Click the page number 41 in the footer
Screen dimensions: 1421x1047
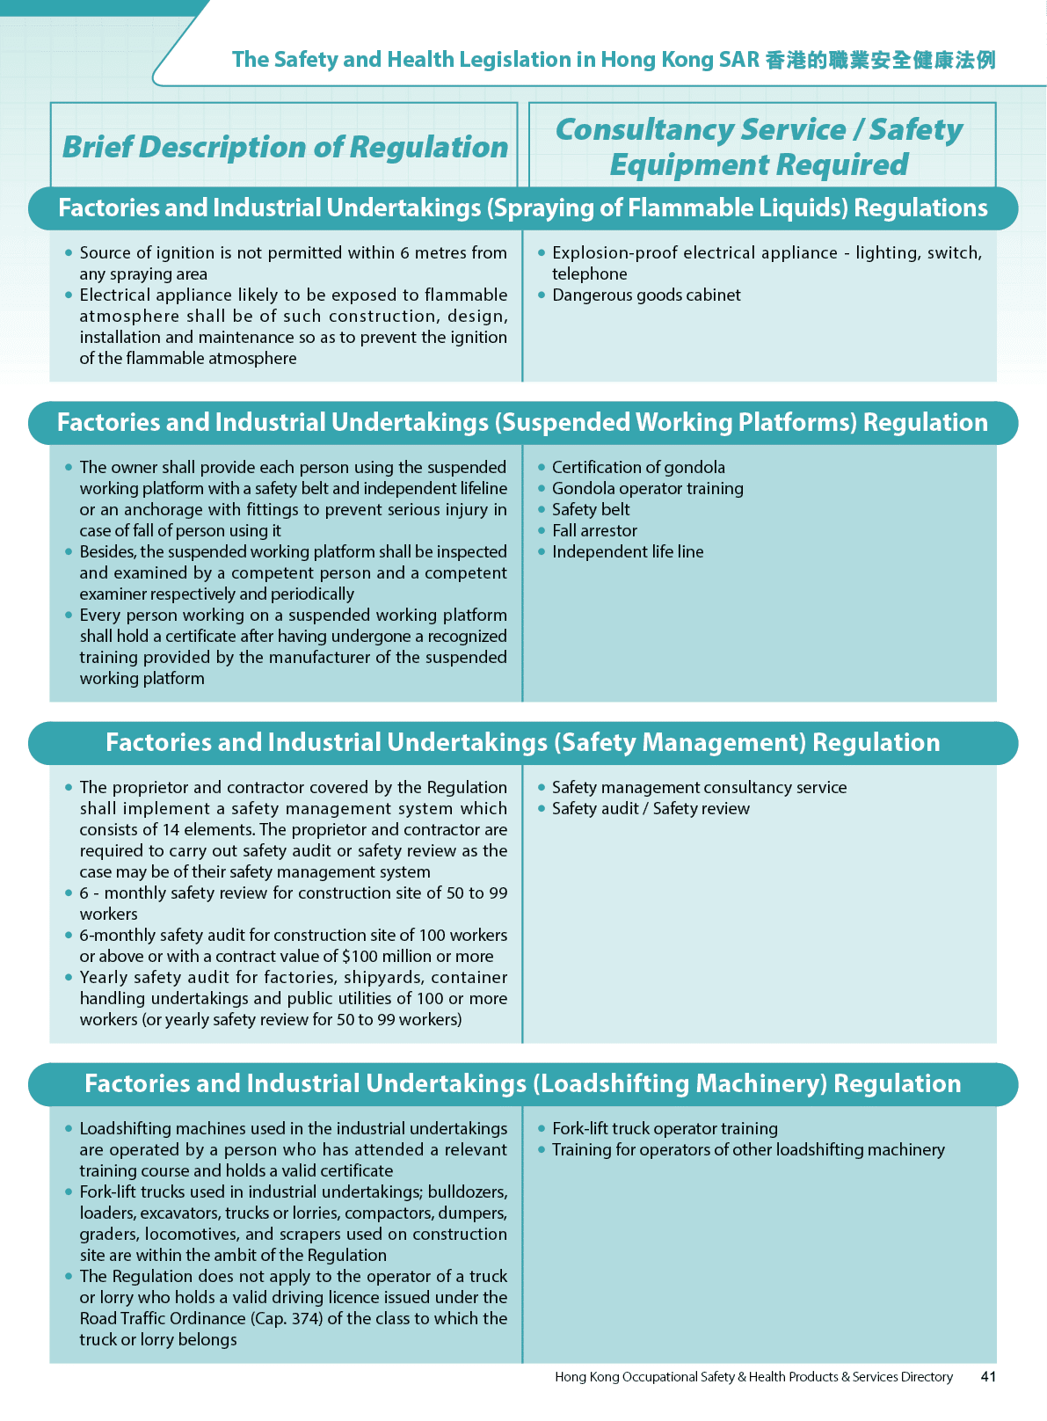coord(988,1377)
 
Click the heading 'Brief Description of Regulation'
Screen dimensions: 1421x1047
coord(285,147)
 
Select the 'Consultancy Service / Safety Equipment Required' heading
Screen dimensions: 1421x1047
coord(760,147)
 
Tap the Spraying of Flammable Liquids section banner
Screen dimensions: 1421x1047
coord(523,208)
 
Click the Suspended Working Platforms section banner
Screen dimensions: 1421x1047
coord(523,423)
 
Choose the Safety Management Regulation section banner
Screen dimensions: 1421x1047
coord(523,743)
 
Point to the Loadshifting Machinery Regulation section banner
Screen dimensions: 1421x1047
coord(523,1084)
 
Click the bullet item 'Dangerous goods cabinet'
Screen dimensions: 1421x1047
coord(646,295)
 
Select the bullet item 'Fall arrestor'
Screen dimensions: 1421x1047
coord(594,531)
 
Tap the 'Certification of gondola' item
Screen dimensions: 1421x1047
coord(638,468)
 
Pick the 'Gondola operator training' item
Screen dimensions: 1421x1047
coord(647,489)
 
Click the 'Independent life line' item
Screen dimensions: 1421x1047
coord(628,552)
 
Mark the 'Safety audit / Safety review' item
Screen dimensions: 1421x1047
coord(651,809)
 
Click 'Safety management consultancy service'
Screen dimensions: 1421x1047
coord(699,788)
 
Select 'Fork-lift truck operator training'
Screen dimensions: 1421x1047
coord(665,1129)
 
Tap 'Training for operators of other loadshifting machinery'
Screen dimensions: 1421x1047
coord(748,1150)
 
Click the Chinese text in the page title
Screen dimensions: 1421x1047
coord(880,60)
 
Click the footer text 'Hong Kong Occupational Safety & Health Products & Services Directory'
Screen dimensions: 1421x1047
coord(753,1377)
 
